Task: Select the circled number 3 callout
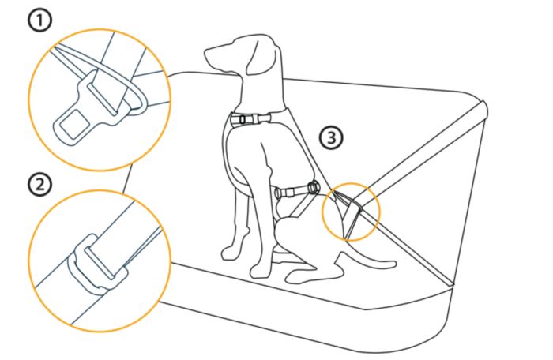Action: [332, 137]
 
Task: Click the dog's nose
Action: [207, 58]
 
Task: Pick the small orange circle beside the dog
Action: [352, 210]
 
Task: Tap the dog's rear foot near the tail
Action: [299, 276]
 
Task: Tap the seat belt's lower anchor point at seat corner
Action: [453, 282]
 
